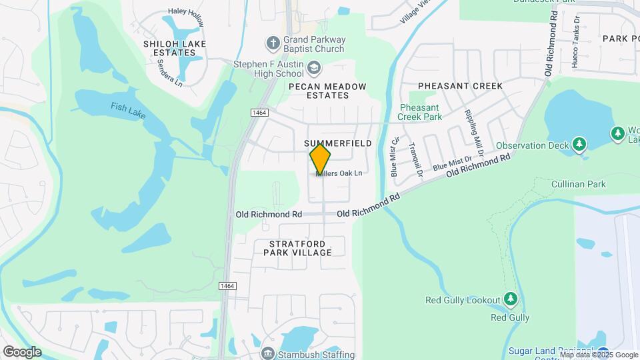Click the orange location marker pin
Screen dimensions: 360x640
pyautogui.click(x=321, y=160)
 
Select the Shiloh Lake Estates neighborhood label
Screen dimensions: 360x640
pyautogui.click(x=175, y=48)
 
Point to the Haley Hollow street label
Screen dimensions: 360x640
pyautogui.click(x=187, y=16)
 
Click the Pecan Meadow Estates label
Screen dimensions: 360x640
pyautogui.click(x=327, y=91)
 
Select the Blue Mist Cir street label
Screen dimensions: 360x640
pyautogui.click(x=395, y=156)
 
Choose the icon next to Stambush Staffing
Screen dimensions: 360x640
pyautogui.click(x=268, y=352)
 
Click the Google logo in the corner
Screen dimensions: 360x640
pyautogui.click(x=22, y=351)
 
